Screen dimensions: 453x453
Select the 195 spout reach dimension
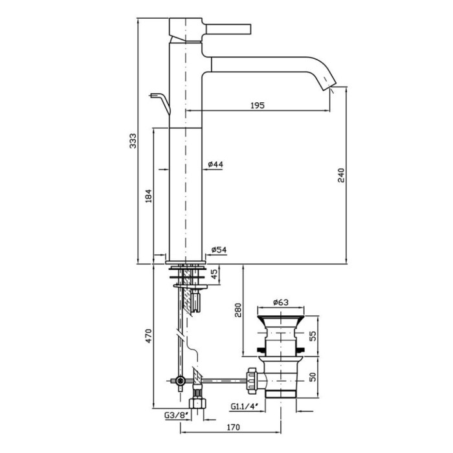[x=257, y=106]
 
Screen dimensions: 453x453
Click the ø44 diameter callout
[x=215, y=165]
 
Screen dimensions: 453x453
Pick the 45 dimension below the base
[x=215, y=276]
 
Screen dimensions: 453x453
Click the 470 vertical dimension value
[x=148, y=337]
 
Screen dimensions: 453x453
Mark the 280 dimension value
[x=237, y=311]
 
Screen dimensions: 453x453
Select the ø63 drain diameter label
[x=280, y=302]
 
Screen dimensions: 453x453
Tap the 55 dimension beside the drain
[x=313, y=335]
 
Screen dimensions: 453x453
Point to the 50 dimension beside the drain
[x=313, y=377]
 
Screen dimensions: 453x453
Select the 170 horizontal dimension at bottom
[x=234, y=427]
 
